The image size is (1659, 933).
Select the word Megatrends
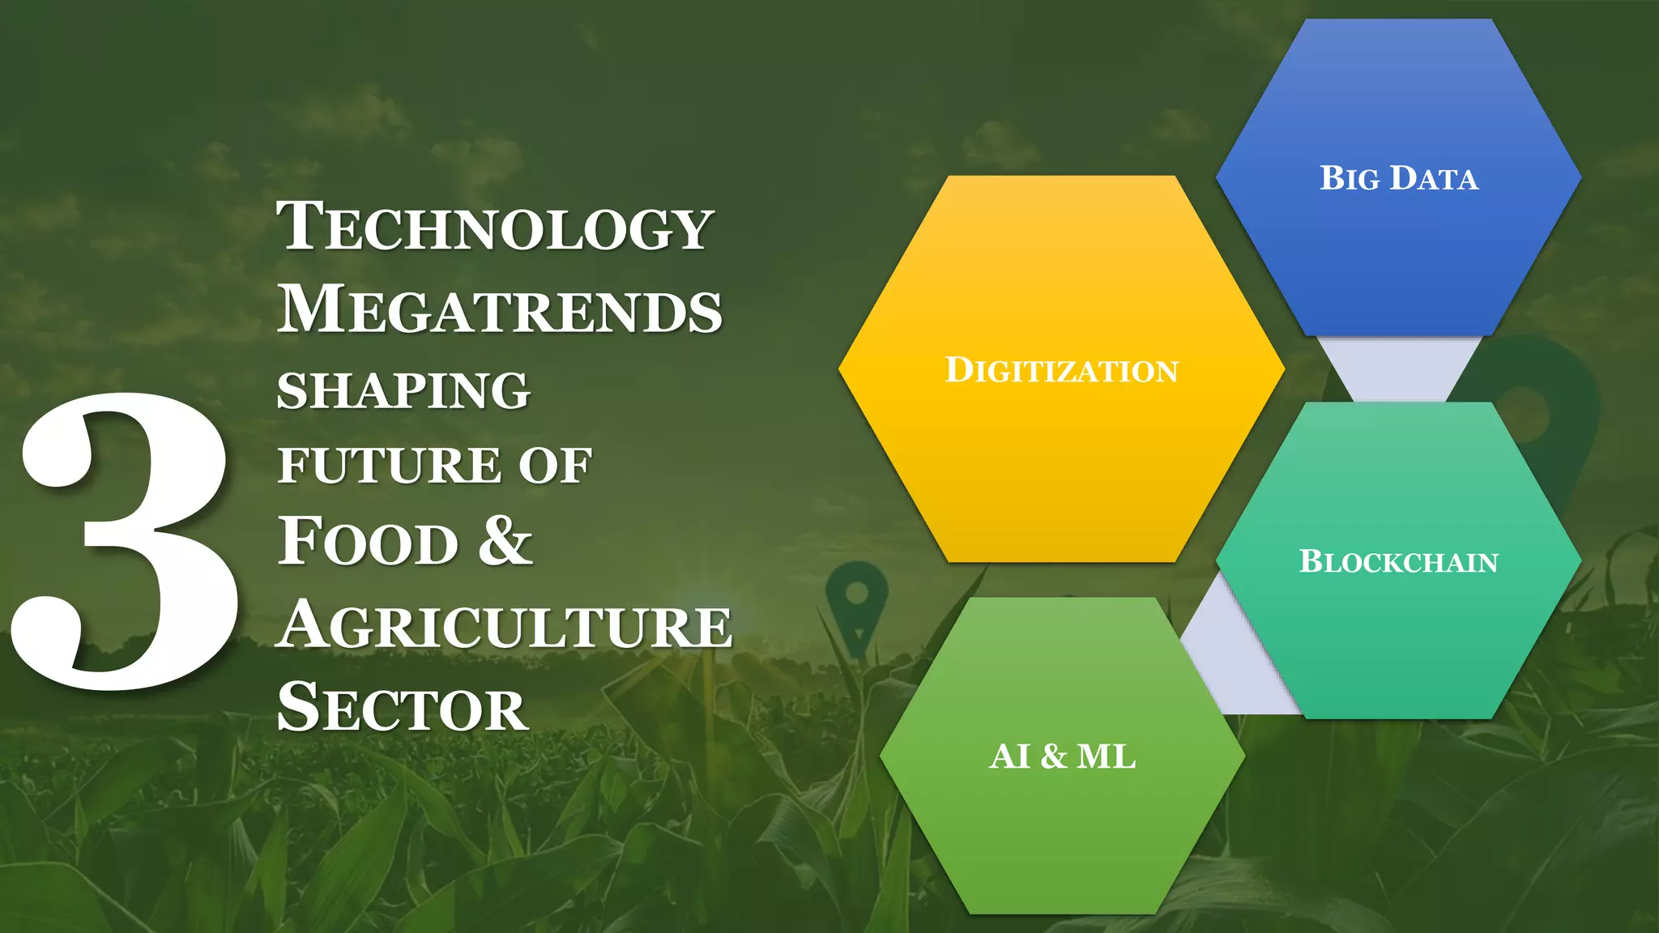coord(499,310)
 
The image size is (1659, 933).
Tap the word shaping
coord(403,391)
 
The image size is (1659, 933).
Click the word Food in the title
coord(369,542)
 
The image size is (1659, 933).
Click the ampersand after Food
coord(505,540)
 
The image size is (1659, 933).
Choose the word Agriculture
coord(504,626)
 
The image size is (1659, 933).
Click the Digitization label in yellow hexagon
coord(1061,370)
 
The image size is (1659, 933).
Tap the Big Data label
coord(1399,178)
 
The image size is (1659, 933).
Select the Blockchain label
coord(1399,561)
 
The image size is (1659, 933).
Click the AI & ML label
coord(1062,756)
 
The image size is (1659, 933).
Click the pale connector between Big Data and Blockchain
coord(1399,369)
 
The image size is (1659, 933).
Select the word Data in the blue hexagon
coord(1434,178)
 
